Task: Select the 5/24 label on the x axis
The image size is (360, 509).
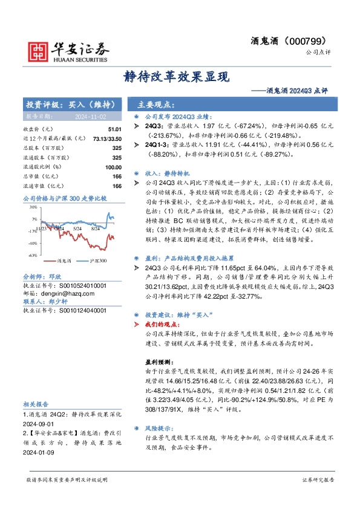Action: (77, 229)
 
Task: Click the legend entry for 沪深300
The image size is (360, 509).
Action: (97, 261)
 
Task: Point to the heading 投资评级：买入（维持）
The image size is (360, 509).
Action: (67, 103)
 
